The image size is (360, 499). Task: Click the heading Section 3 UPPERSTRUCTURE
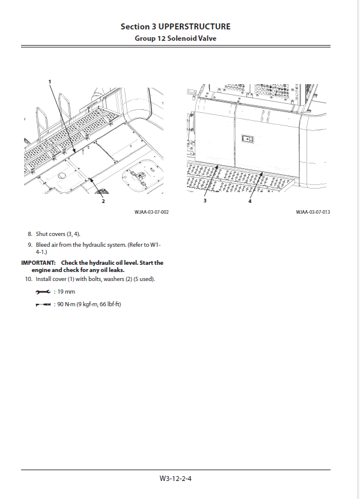tap(175, 26)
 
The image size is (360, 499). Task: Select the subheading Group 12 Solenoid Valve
tap(175, 38)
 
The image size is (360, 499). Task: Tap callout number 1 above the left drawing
tap(50, 82)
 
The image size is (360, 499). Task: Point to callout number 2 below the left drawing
tap(103, 201)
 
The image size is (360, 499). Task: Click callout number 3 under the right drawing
tap(205, 201)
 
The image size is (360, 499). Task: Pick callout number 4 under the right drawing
tap(250, 201)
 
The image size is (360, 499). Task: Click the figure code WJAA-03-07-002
tap(151, 212)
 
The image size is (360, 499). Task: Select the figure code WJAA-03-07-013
tap(313, 212)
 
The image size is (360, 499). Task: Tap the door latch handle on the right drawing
tap(247, 139)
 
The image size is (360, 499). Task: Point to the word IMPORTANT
tap(38, 263)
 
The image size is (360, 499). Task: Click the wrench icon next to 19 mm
tap(43, 291)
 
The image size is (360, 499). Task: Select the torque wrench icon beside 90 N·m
tap(43, 304)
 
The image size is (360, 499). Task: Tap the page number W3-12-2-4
tap(175, 479)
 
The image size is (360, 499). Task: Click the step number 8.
tap(30, 234)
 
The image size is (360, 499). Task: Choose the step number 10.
tap(29, 279)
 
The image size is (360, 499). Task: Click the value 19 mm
tap(66, 291)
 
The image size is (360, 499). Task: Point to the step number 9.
tap(30, 245)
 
